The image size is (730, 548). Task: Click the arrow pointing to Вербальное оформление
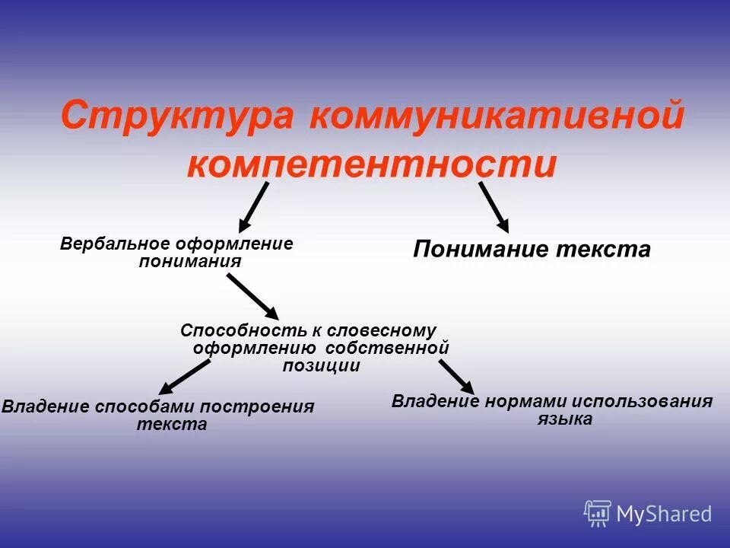tap(254, 206)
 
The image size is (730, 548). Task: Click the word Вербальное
tap(116, 244)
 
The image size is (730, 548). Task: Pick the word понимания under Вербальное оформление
tap(189, 261)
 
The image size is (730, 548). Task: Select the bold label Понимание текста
tap(532, 250)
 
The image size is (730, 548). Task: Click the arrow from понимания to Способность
tap(252, 296)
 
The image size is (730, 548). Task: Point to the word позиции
tap(321, 365)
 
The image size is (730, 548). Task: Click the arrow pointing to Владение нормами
tap(455, 376)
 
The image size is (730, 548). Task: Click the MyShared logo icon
tap(597, 513)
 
